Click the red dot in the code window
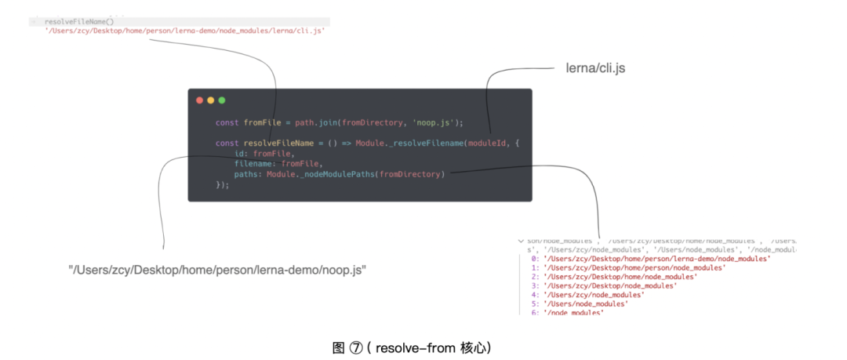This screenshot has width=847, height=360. [199, 100]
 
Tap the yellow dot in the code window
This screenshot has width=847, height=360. [210, 100]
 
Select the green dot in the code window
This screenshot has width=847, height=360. [222, 100]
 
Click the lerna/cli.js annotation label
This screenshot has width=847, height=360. [595, 68]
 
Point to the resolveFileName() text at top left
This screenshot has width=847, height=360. [79, 22]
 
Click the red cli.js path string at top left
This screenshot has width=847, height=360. [184, 31]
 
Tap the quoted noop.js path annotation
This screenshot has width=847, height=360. [218, 270]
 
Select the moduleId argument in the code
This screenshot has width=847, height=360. [489, 143]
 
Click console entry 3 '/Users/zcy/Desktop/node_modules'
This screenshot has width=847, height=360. [609, 285]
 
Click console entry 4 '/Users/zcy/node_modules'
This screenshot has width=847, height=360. [594, 295]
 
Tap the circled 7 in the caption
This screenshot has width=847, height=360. [358, 347]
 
